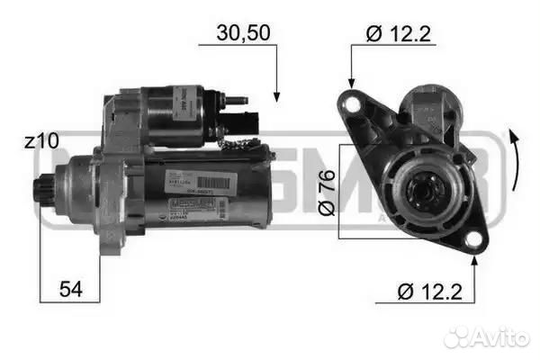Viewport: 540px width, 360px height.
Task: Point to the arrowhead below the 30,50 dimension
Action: [277, 95]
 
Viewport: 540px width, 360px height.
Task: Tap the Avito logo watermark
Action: [486, 337]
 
